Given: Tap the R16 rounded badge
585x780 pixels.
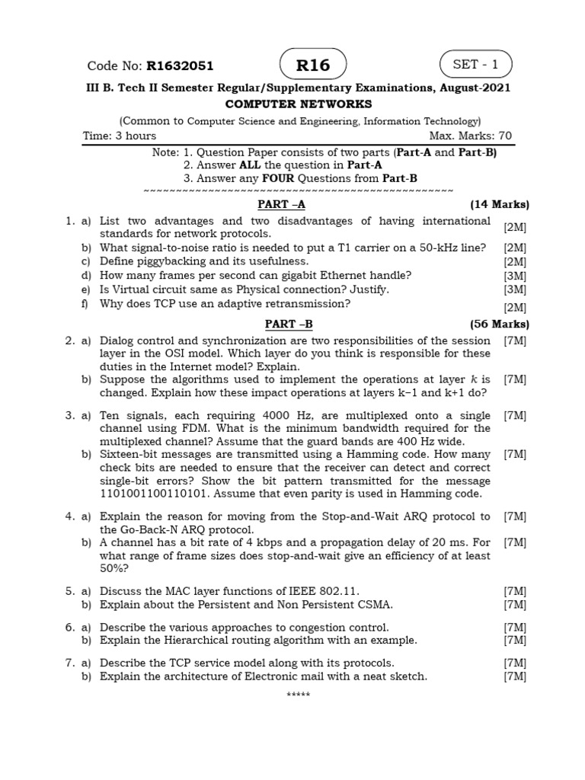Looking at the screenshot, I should [x=313, y=65].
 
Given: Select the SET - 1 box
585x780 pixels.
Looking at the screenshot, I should [x=475, y=65].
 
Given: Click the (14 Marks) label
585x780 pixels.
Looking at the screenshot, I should [x=499, y=204].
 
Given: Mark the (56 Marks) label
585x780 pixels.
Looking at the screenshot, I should [x=499, y=324].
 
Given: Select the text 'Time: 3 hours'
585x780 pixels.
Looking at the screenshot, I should [x=120, y=136].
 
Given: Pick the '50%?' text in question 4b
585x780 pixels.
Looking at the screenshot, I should [x=114, y=568].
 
